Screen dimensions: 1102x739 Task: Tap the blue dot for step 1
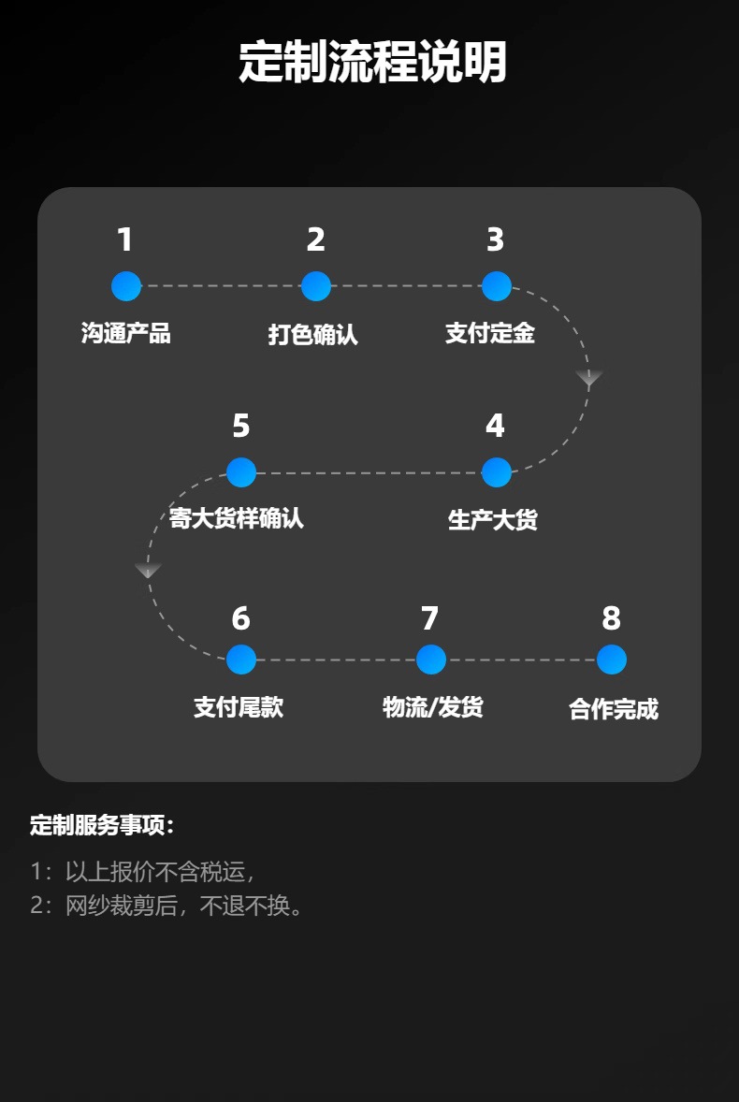pos(126,286)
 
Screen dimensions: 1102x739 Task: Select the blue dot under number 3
pos(496,286)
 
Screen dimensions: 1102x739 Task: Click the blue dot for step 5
pos(241,472)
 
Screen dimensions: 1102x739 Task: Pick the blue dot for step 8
pos(611,660)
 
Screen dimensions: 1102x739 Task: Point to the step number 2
pos(316,240)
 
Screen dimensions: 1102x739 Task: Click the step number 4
pos(495,427)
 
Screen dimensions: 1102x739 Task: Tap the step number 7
pos(429,618)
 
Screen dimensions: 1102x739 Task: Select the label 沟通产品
pos(126,333)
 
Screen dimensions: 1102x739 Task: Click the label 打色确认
pos(313,334)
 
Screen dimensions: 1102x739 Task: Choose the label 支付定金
pos(490,333)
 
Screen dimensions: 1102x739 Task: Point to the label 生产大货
pos(493,520)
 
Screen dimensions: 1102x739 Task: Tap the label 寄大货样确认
pos(237,518)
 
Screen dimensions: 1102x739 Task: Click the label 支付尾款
pos(239,707)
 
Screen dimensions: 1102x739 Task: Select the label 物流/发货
pos(433,707)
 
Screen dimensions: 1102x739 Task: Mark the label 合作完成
pos(614,709)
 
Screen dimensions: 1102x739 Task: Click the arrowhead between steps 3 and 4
pos(588,379)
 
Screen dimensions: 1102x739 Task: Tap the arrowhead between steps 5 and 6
pos(148,571)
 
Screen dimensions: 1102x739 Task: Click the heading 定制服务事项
pos(103,825)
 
